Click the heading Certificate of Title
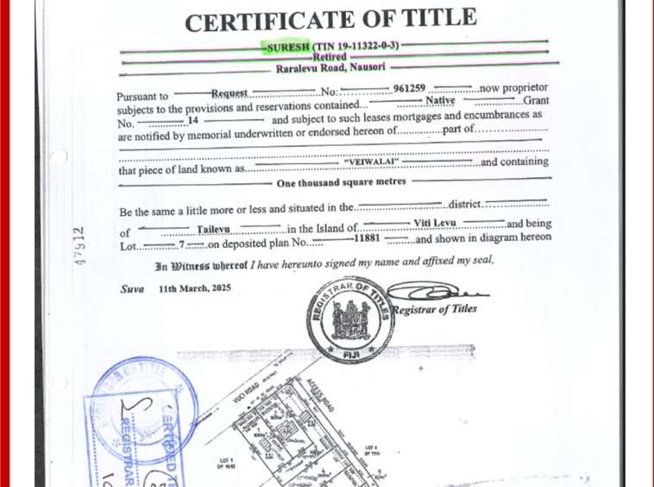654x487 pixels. pos(330,20)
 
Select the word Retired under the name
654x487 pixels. pos(329,57)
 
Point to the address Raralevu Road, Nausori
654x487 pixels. pos(330,67)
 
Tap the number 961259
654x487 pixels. pos(409,89)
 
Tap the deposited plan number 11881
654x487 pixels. pos(368,237)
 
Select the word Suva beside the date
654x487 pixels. pos(132,288)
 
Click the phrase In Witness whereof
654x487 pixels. pos(201,266)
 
